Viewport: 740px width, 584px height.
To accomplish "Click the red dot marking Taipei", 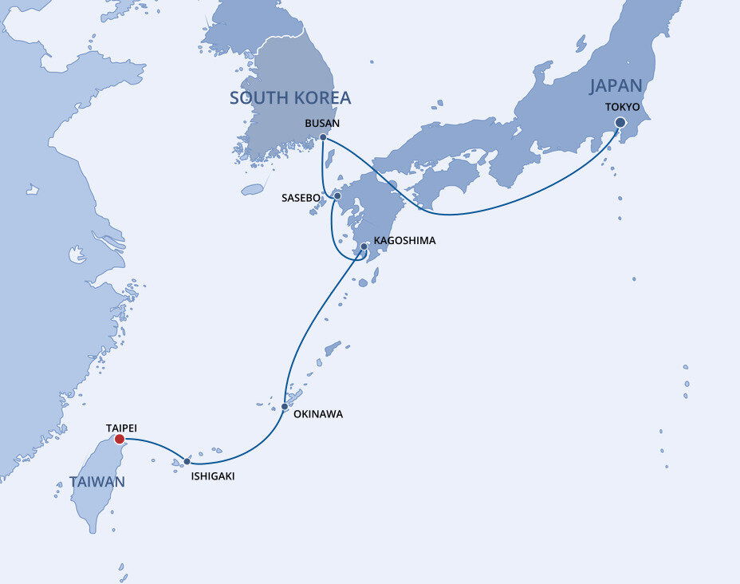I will (120, 439).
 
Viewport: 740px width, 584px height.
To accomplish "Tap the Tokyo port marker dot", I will (620, 123).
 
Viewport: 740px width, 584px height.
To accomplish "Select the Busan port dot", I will (323, 137).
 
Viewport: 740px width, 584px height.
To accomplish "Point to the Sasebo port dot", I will (337, 195).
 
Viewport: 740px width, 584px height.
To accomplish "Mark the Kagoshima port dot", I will (364, 247).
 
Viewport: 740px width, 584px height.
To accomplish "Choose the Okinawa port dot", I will (285, 407).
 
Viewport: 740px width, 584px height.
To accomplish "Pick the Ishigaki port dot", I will (187, 461).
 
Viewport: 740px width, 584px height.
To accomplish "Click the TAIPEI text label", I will (121, 428).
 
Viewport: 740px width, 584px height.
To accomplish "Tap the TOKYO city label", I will (622, 107).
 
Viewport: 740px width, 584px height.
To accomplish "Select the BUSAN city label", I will (322, 123).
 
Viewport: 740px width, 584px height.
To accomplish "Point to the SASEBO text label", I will (301, 197).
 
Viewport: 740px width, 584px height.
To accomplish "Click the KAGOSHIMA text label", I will (404, 240).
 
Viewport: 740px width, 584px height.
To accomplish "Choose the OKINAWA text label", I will (318, 414).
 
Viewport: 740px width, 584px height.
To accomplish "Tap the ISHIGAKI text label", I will (213, 476).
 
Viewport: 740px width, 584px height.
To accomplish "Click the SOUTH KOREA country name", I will (290, 98).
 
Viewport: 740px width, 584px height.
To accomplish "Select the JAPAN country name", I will (616, 86).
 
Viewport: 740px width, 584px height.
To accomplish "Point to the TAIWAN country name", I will (96, 482).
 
